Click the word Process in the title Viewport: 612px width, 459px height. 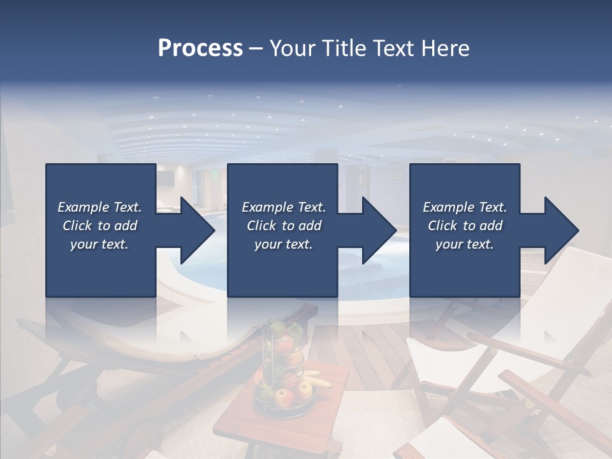(x=200, y=48)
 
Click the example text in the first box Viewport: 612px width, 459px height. (x=100, y=226)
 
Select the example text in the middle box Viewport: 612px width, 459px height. (x=284, y=226)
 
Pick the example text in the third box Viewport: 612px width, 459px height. (x=465, y=226)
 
